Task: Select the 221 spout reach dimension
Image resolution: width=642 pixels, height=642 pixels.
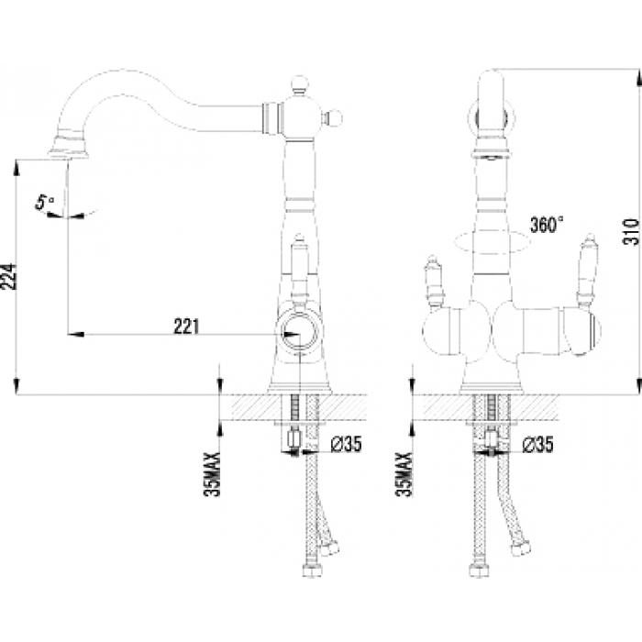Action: point(187,327)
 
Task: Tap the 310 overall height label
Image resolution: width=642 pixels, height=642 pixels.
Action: point(631,232)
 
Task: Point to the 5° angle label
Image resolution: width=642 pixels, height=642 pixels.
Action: point(45,203)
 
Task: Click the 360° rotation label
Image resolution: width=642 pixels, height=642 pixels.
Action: point(547,225)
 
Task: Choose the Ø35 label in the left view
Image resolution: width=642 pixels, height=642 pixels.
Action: point(346,444)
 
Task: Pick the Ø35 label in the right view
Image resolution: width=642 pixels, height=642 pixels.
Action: point(537,444)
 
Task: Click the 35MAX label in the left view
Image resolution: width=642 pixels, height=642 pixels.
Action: point(212,474)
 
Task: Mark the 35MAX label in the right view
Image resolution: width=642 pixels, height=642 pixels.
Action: point(404,474)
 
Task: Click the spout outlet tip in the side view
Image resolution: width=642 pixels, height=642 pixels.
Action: point(69,154)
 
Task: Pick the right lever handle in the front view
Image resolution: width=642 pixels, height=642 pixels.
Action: point(587,271)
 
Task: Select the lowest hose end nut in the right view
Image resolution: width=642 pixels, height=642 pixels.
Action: point(478,570)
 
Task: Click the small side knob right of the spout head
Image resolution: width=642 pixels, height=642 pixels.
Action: point(333,118)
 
